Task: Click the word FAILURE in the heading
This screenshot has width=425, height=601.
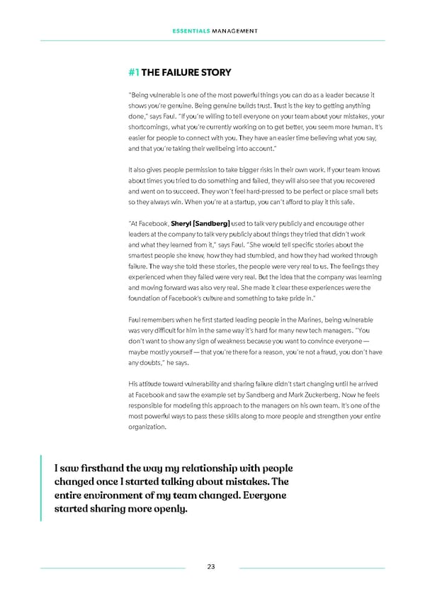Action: (x=178, y=72)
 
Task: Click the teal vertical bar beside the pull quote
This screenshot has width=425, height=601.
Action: (x=42, y=488)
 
